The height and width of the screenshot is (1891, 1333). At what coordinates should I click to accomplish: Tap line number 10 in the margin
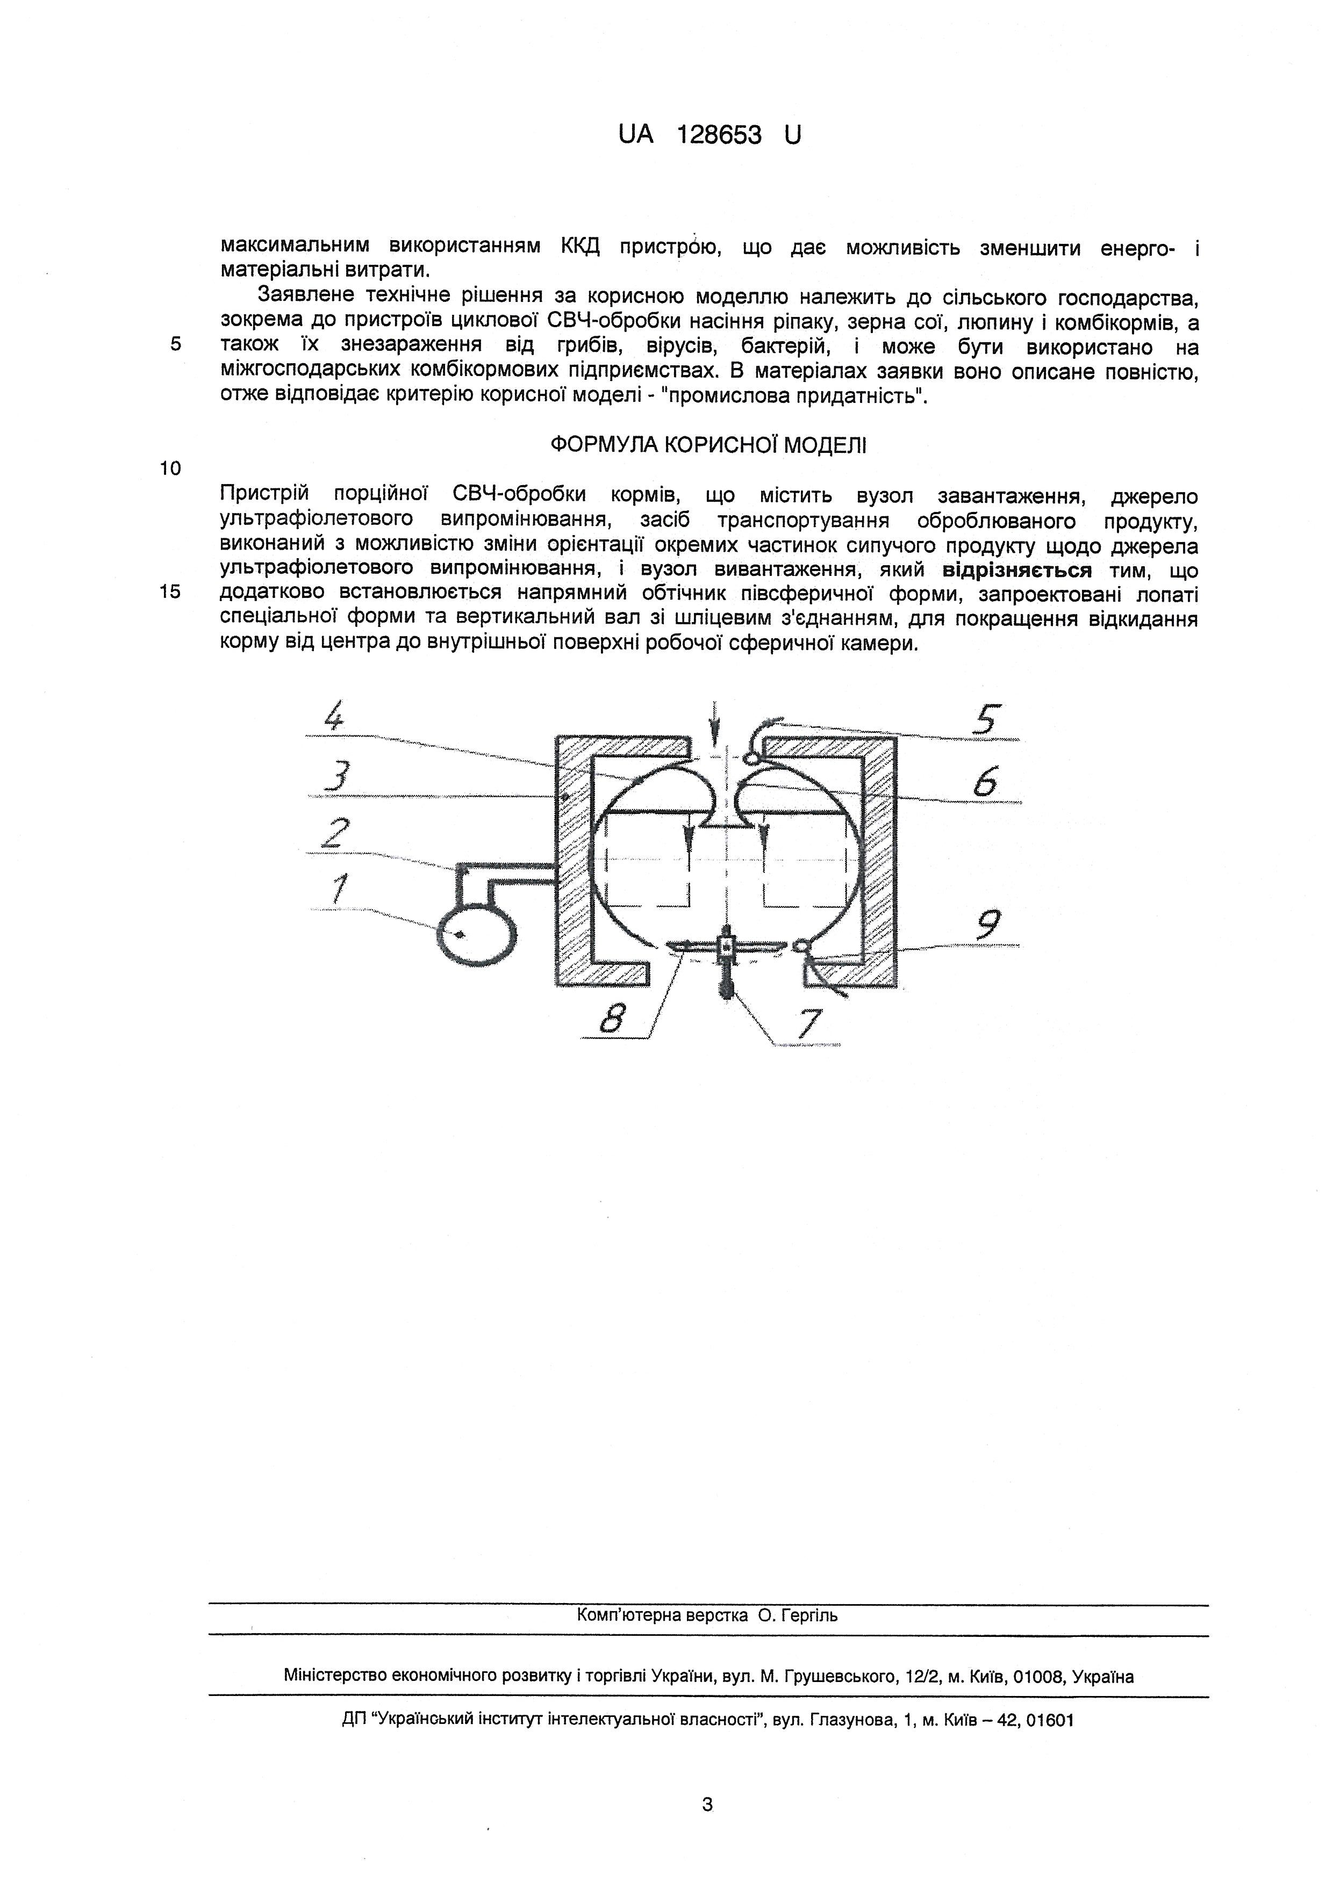[x=170, y=468]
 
